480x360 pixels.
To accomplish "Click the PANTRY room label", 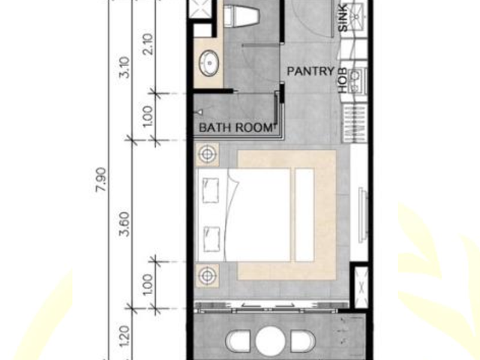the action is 310,71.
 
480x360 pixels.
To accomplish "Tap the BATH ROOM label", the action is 235,127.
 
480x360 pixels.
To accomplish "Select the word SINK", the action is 343,17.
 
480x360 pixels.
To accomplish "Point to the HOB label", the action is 343,80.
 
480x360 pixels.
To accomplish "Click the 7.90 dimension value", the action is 101,179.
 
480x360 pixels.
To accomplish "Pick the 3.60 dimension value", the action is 125,224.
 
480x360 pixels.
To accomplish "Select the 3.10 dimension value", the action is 125,67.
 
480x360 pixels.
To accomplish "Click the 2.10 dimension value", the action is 148,44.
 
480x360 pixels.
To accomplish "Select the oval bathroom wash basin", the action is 209,63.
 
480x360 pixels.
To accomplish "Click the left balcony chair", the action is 238,341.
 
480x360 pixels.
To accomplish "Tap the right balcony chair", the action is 303,341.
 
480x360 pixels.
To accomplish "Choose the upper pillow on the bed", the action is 211,191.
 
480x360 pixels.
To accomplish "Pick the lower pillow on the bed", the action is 211,238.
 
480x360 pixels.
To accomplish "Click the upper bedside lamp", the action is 207,154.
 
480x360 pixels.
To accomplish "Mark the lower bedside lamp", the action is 207,276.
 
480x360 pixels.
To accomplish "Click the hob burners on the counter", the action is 356,80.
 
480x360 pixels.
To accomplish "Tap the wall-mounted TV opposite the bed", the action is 363,214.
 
